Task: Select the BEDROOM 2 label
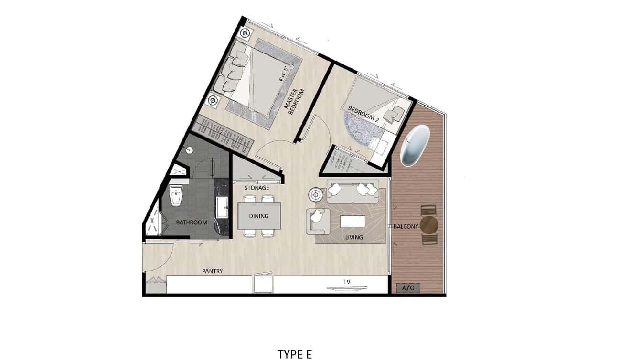pos(363,115)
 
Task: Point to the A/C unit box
pos(408,288)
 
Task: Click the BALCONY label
pos(406,226)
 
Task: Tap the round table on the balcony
pos(429,224)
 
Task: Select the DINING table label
pos(259,216)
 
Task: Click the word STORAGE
pos(257,188)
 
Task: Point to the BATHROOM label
pos(192,222)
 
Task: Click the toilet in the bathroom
pos(176,196)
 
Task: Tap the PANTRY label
pos(213,271)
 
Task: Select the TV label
pos(347,282)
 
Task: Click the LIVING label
pos(354,237)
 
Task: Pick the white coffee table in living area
pos(353,222)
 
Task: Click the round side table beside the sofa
pos(316,194)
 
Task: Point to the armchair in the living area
pos(316,220)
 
